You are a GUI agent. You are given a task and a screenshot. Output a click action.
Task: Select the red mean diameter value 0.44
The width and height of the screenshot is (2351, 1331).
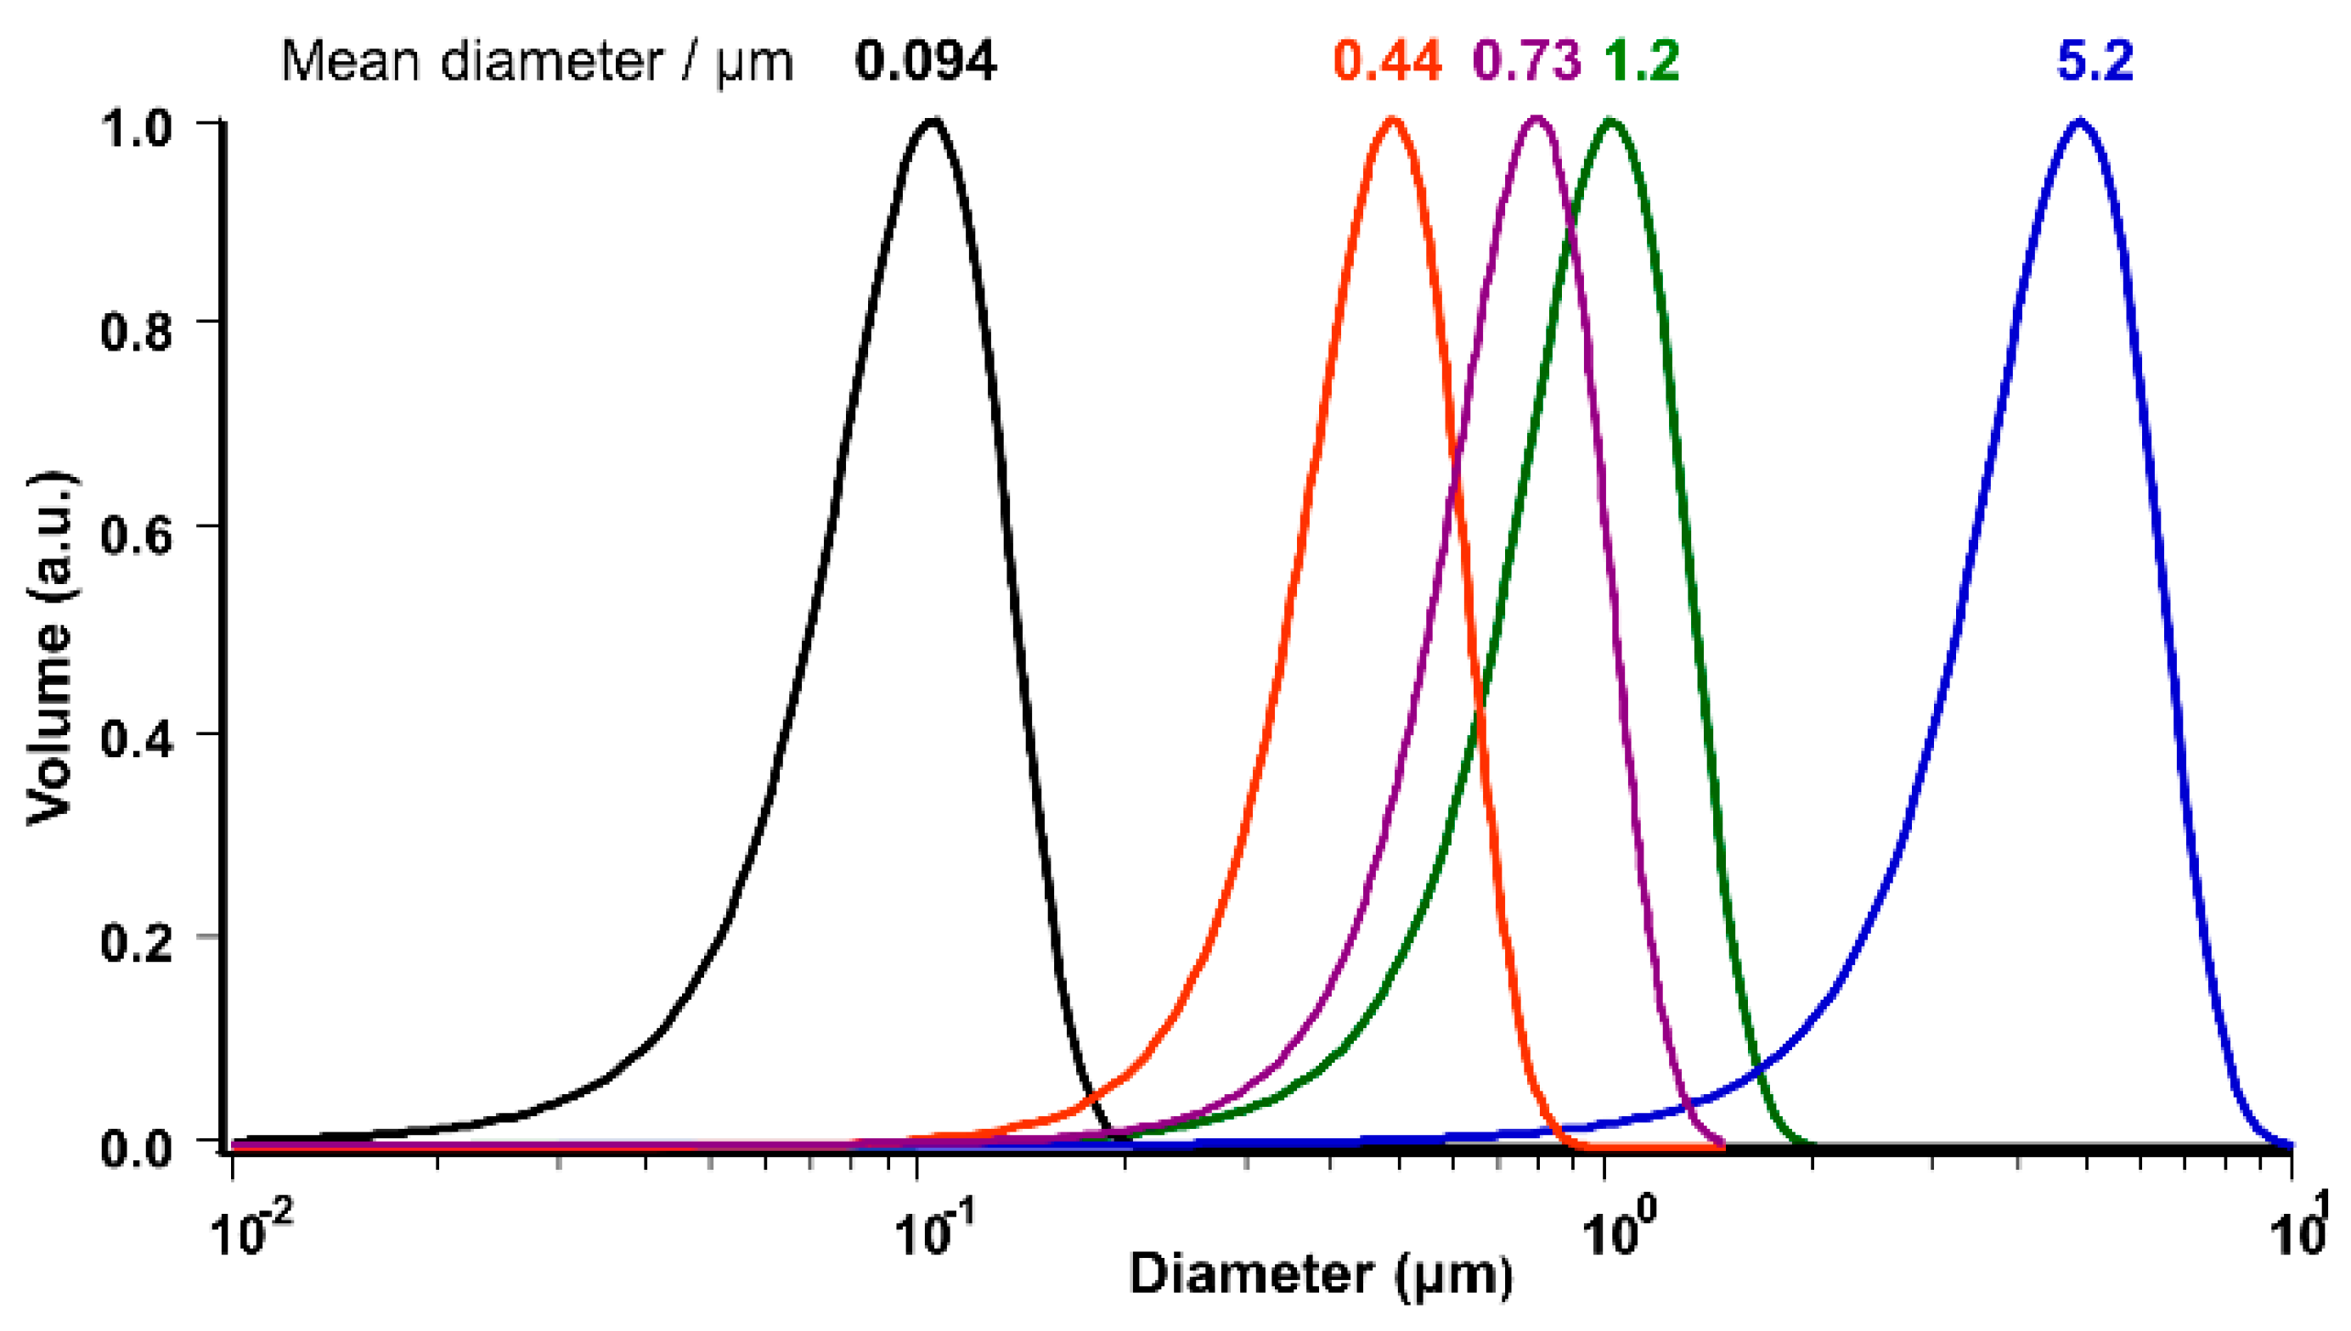click(x=1387, y=62)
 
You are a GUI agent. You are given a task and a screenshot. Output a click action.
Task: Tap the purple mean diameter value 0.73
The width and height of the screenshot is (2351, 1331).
click(x=1527, y=62)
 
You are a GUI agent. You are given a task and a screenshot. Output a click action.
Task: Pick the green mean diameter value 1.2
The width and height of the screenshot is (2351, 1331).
click(x=1643, y=62)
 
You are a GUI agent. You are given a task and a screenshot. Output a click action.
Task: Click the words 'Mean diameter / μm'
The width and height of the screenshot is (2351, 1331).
click(x=537, y=62)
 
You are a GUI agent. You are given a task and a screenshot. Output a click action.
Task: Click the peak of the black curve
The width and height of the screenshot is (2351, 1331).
click(x=932, y=121)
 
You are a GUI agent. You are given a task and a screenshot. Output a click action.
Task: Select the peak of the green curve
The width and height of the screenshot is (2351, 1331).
click(x=1610, y=121)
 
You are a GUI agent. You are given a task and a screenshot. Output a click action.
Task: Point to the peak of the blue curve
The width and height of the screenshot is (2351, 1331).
click(x=2081, y=121)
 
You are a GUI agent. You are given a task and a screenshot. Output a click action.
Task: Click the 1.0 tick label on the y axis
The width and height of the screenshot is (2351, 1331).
click(x=136, y=127)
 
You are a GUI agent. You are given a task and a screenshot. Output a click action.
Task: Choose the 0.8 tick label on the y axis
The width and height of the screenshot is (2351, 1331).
click(x=136, y=330)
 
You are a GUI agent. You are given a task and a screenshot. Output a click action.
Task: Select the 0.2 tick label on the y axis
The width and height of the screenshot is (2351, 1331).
click(x=136, y=942)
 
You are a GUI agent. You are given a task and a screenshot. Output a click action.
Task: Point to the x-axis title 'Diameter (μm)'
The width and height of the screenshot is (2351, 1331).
click(x=1322, y=1274)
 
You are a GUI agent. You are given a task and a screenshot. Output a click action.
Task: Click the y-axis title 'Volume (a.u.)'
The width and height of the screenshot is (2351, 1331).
click(x=50, y=649)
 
